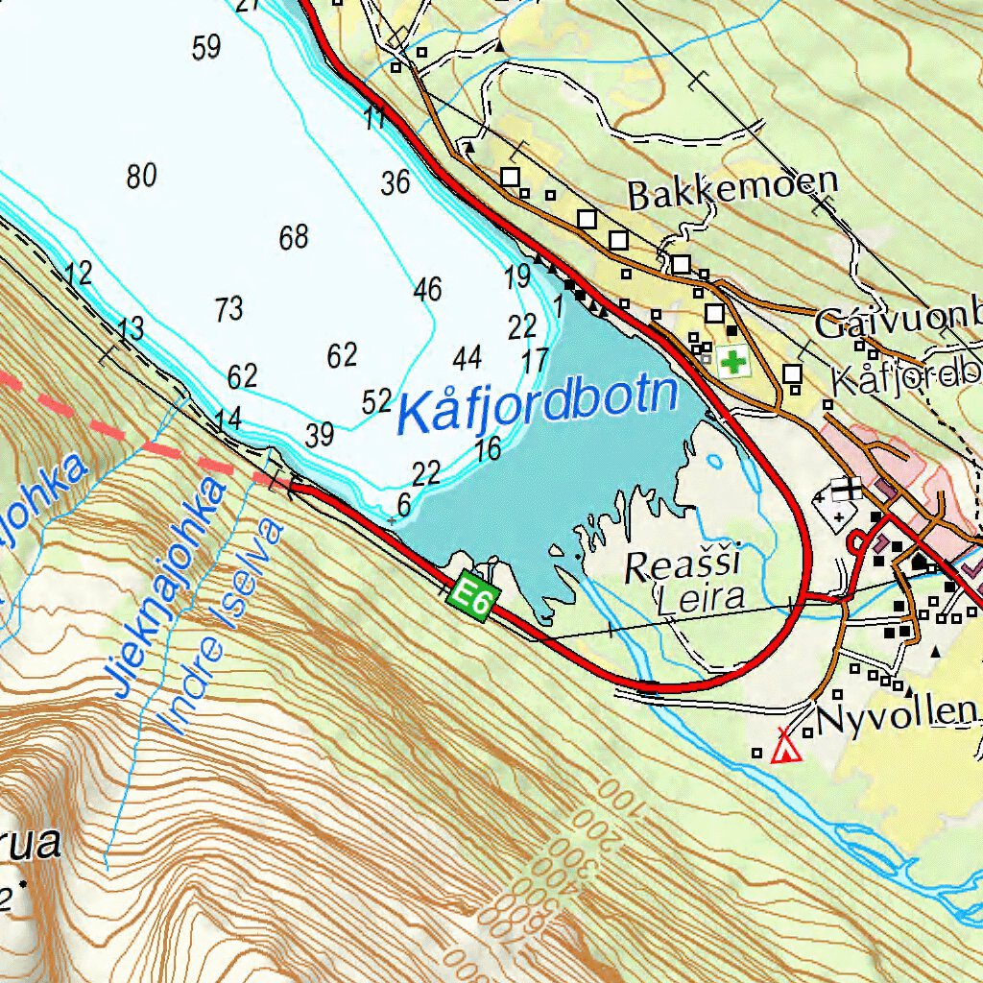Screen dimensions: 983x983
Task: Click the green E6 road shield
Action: tap(472, 597)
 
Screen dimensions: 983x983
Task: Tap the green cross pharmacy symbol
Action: tap(734, 363)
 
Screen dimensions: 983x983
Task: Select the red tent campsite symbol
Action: tap(786, 747)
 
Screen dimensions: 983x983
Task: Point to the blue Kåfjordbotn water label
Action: tap(538, 403)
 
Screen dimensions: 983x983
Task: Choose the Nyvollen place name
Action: tap(895, 712)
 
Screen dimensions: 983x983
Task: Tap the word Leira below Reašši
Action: tap(701, 599)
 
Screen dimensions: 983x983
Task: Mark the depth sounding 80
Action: tap(141, 177)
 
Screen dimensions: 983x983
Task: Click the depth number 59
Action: tap(206, 47)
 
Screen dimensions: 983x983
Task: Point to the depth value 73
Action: tap(228, 309)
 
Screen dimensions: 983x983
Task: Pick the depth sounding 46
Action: tap(427, 288)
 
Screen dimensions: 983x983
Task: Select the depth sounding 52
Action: tap(376, 401)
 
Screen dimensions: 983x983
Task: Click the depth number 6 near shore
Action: tap(403, 503)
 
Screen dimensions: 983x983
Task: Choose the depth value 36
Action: tap(395, 182)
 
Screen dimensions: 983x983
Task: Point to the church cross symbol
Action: tap(848, 490)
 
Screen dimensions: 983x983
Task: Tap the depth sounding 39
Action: tap(320, 435)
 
